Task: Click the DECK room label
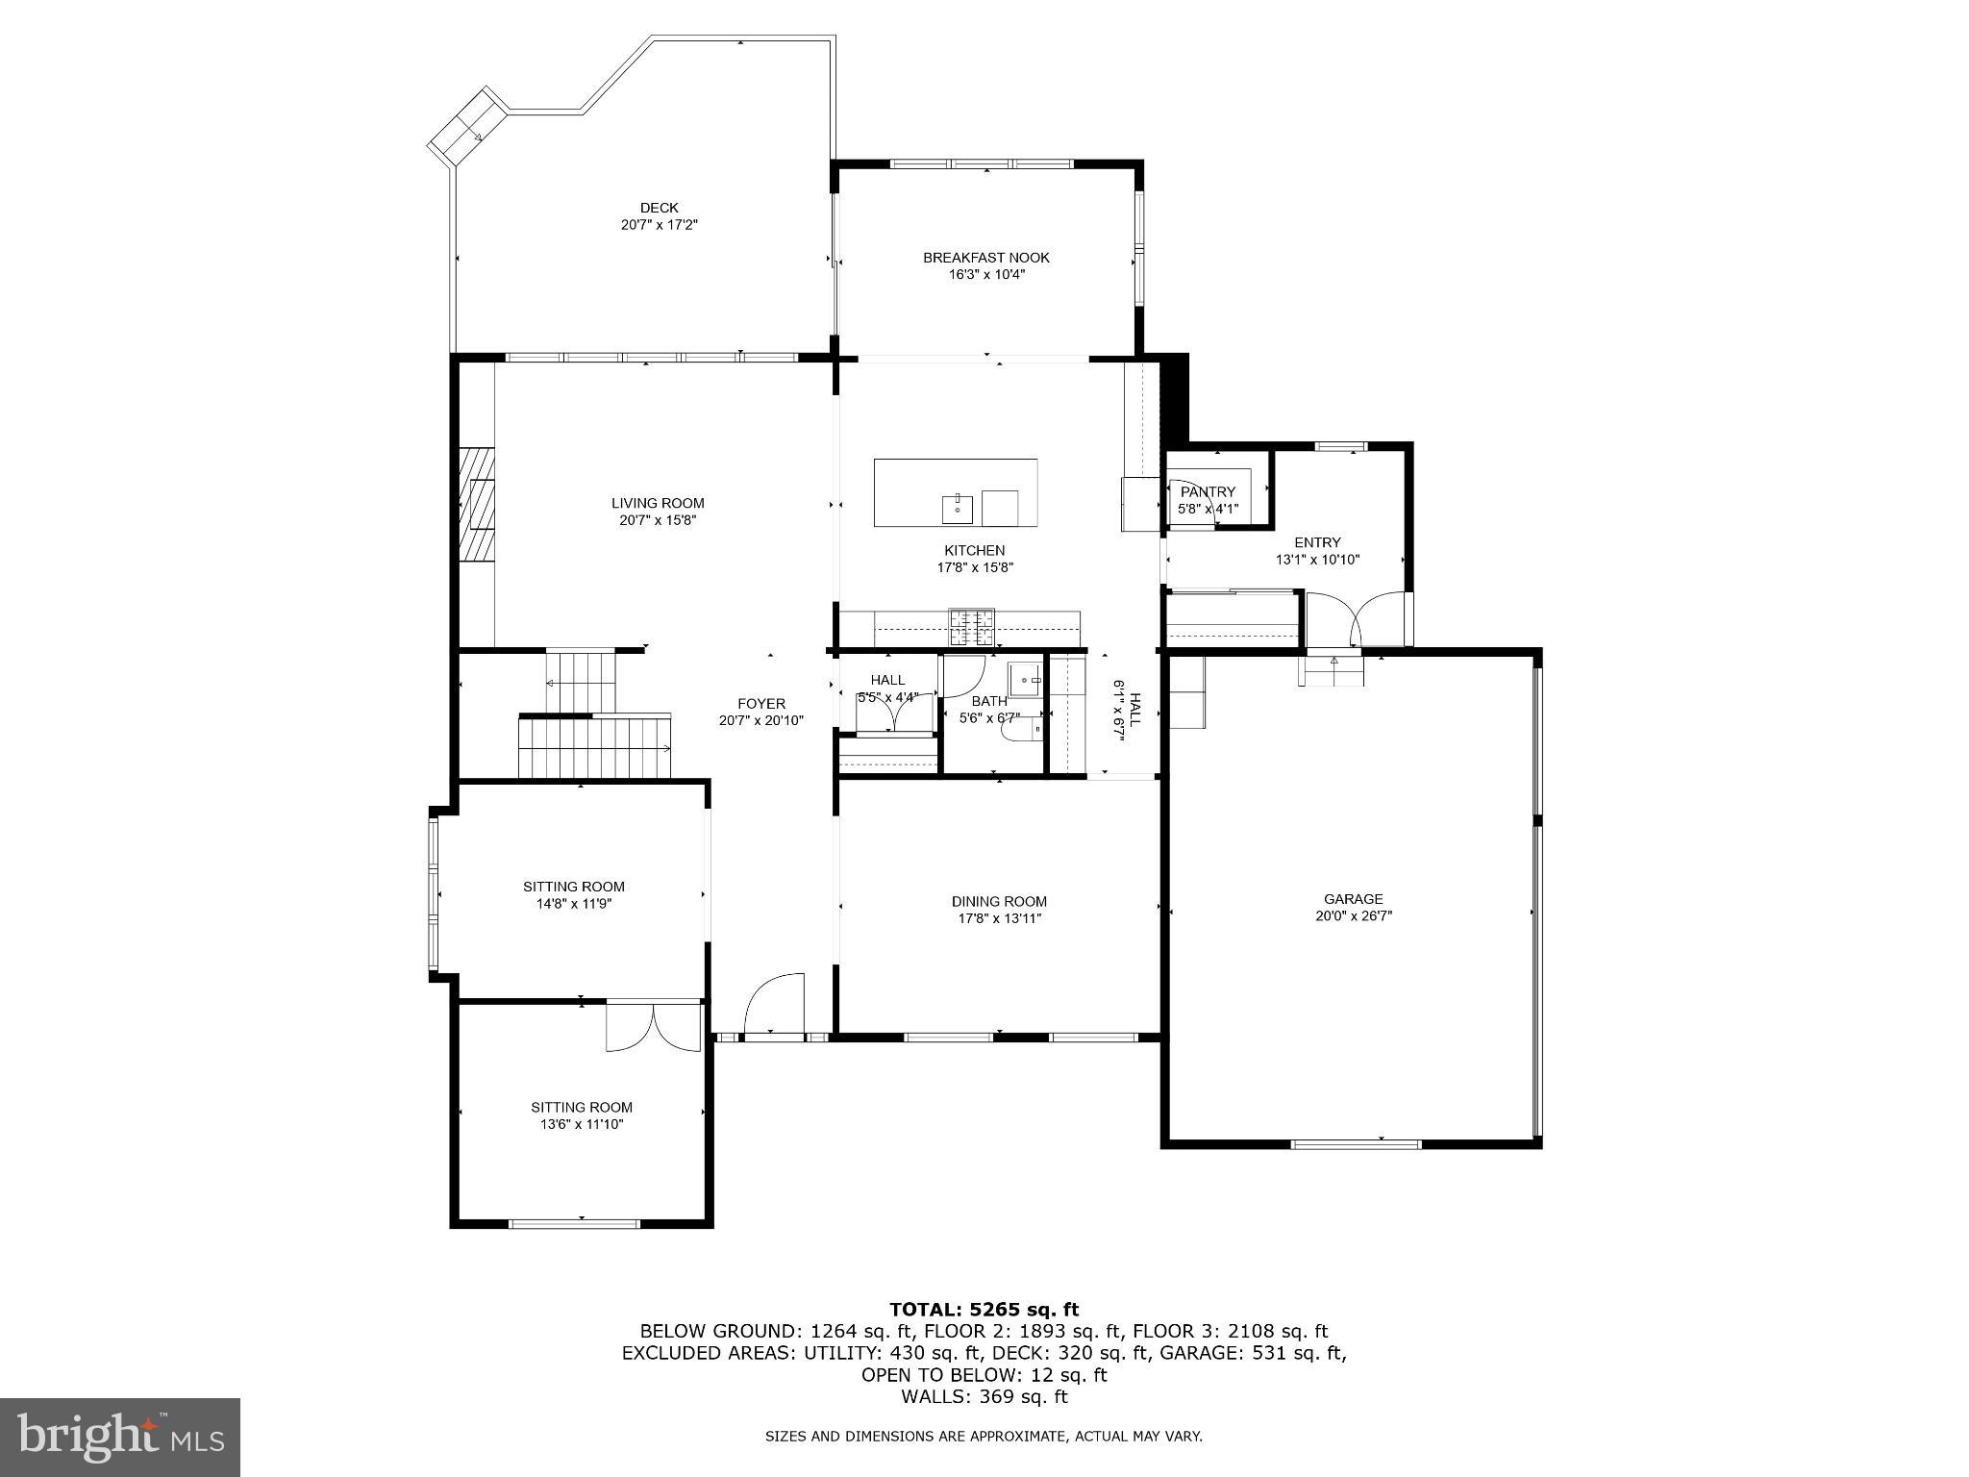(659, 208)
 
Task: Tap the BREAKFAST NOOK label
(985, 258)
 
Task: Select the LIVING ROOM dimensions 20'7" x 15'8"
(658, 520)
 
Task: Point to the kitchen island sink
(958, 506)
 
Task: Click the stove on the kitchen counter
(972, 628)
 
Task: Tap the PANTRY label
(1208, 492)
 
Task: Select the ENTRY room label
(1316, 542)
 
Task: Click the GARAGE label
(1354, 899)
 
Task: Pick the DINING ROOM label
(999, 901)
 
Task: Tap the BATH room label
(988, 701)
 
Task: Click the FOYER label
(761, 704)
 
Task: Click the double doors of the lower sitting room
(654, 1027)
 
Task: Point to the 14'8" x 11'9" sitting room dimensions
(573, 904)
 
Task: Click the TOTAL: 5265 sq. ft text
(984, 1309)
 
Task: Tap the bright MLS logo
(120, 1437)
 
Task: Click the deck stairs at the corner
(466, 124)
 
